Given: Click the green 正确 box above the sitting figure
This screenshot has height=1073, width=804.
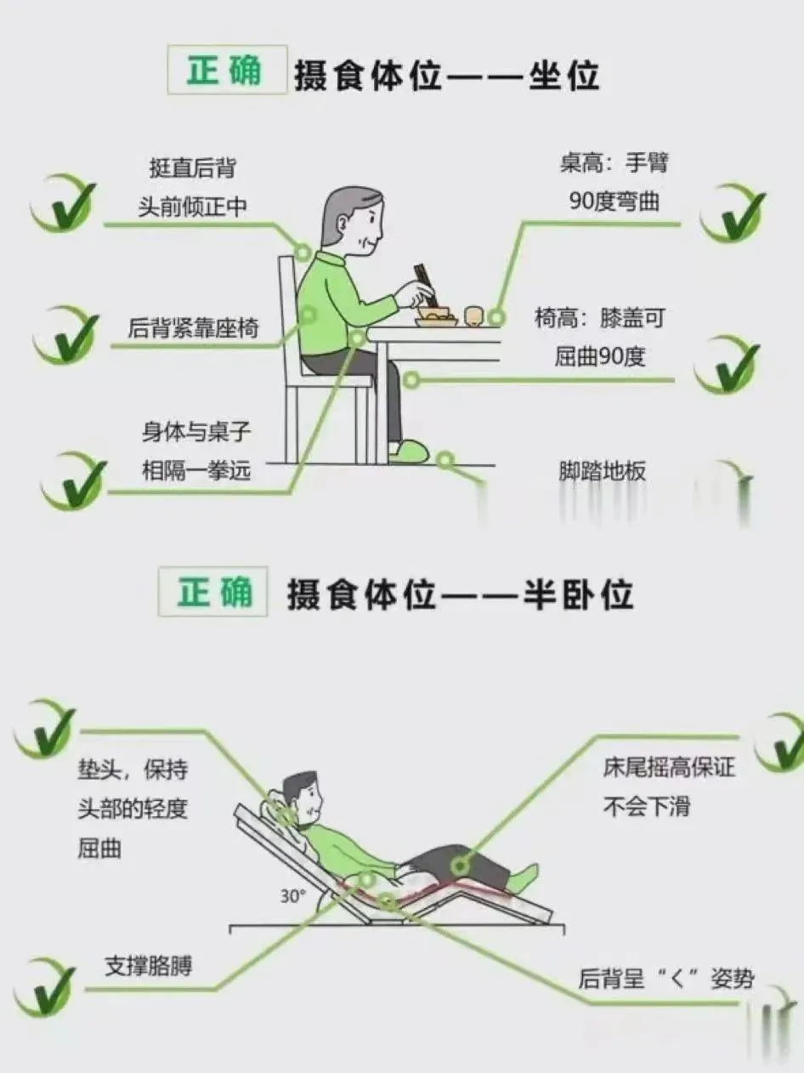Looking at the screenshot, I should (x=225, y=69).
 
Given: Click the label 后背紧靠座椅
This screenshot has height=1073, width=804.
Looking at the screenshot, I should (x=192, y=327).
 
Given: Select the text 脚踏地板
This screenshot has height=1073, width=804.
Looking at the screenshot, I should (x=602, y=471).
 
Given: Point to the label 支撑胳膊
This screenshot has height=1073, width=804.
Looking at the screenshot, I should (x=148, y=966).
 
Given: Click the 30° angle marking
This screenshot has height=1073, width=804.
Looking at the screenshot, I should (x=292, y=895).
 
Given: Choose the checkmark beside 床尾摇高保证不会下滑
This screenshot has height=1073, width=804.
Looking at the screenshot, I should (x=779, y=742).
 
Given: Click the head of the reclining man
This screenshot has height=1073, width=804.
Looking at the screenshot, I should (x=302, y=796).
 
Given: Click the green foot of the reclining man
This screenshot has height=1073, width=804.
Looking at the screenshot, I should (x=524, y=877).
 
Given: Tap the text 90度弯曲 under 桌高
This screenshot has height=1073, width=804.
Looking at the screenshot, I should (x=614, y=202).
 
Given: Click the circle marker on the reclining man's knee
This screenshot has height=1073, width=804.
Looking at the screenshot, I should (x=460, y=866).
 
